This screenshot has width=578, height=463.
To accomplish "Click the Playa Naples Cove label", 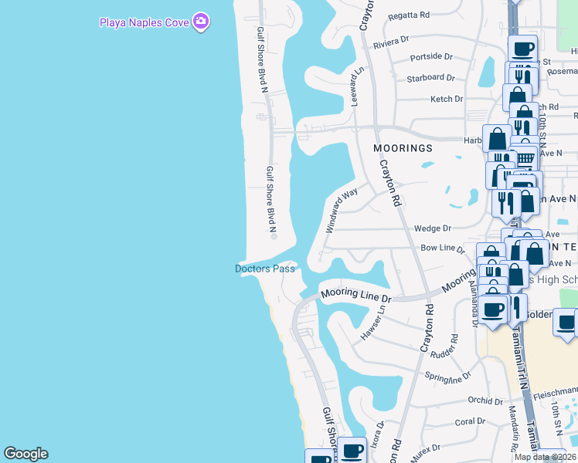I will (144, 22).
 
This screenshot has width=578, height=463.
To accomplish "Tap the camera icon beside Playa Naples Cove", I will (201, 22).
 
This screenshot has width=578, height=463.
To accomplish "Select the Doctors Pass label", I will (265, 269).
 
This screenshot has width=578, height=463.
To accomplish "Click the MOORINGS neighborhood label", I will (403, 147).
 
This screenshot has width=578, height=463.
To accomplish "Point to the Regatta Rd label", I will (410, 15).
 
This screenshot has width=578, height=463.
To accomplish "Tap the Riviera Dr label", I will (391, 41).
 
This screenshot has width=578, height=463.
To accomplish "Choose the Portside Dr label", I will (431, 56).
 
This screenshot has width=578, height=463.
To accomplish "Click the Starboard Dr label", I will (431, 77).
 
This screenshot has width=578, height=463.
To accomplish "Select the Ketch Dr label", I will (447, 99).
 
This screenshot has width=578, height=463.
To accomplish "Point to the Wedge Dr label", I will (432, 228).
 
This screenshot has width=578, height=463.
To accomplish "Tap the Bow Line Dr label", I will (441, 248).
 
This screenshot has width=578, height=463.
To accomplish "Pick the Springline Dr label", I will (448, 377).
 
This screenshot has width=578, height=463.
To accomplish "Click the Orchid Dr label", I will (485, 400).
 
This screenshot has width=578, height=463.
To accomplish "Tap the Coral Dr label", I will (469, 421).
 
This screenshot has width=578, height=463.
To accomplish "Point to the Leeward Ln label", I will (357, 86).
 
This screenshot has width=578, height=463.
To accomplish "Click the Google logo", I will (25, 454).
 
